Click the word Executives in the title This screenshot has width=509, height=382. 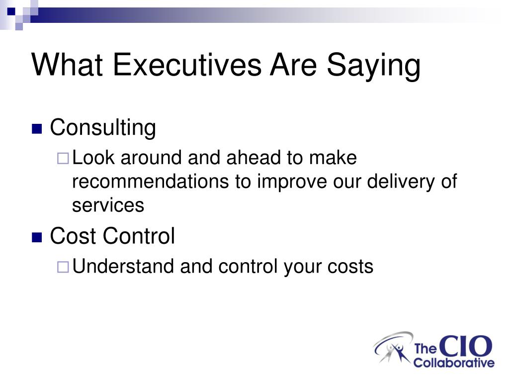coord(187,65)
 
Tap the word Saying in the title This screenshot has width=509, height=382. coord(374,66)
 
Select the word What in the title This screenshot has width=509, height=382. coord(67,65)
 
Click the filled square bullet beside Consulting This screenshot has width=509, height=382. coord(37,129)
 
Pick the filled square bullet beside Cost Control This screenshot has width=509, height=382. coord(37,237)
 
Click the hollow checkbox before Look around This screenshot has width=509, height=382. coord(63,159)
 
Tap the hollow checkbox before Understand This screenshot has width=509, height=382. coord(63,267)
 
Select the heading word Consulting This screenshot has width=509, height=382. coord(103,128)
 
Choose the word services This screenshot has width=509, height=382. coord(108,206)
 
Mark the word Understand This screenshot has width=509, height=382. coord(123,266)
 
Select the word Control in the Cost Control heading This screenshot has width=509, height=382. coord(139,236)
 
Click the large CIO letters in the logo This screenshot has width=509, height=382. coord(466,346)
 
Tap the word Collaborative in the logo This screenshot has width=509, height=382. coord(454,363)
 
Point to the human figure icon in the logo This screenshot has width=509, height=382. coord(397,352)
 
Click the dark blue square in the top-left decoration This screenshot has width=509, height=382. coord(11,12)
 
